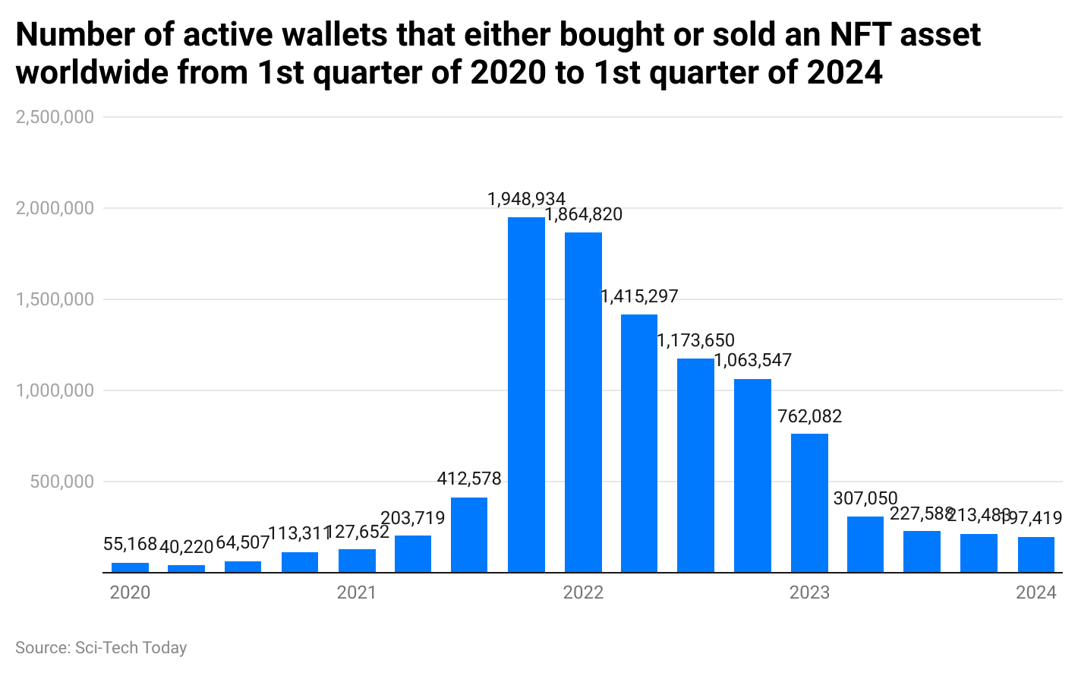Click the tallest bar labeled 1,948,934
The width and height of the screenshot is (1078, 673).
tap(526, 395)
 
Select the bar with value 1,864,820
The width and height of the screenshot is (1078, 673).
tap(583, 403)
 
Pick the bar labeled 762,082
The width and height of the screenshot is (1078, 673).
tap(809, 503)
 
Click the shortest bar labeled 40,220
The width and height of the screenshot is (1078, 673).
tap(186, 568)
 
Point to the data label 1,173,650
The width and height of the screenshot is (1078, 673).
tap(695, 340)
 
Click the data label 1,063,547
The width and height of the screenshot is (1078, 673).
tap(752, 360)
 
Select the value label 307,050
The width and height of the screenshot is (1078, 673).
tap(865, 498)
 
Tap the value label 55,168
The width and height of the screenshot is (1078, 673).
tap(130, 544)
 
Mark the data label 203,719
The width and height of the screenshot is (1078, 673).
tap(412, 518)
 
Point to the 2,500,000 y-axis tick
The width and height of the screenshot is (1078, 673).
tap(55, 117)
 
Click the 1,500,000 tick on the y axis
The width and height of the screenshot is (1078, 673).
tap(55, 299)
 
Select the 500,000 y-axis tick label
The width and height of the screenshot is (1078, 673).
tap(60, 482)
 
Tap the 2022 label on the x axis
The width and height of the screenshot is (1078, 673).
tap(583, 592)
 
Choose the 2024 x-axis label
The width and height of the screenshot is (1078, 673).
tap(1035, 592)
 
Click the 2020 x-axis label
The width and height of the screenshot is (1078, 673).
tap(130, 592)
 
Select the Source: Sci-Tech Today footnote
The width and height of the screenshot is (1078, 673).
tap(101, 648)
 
